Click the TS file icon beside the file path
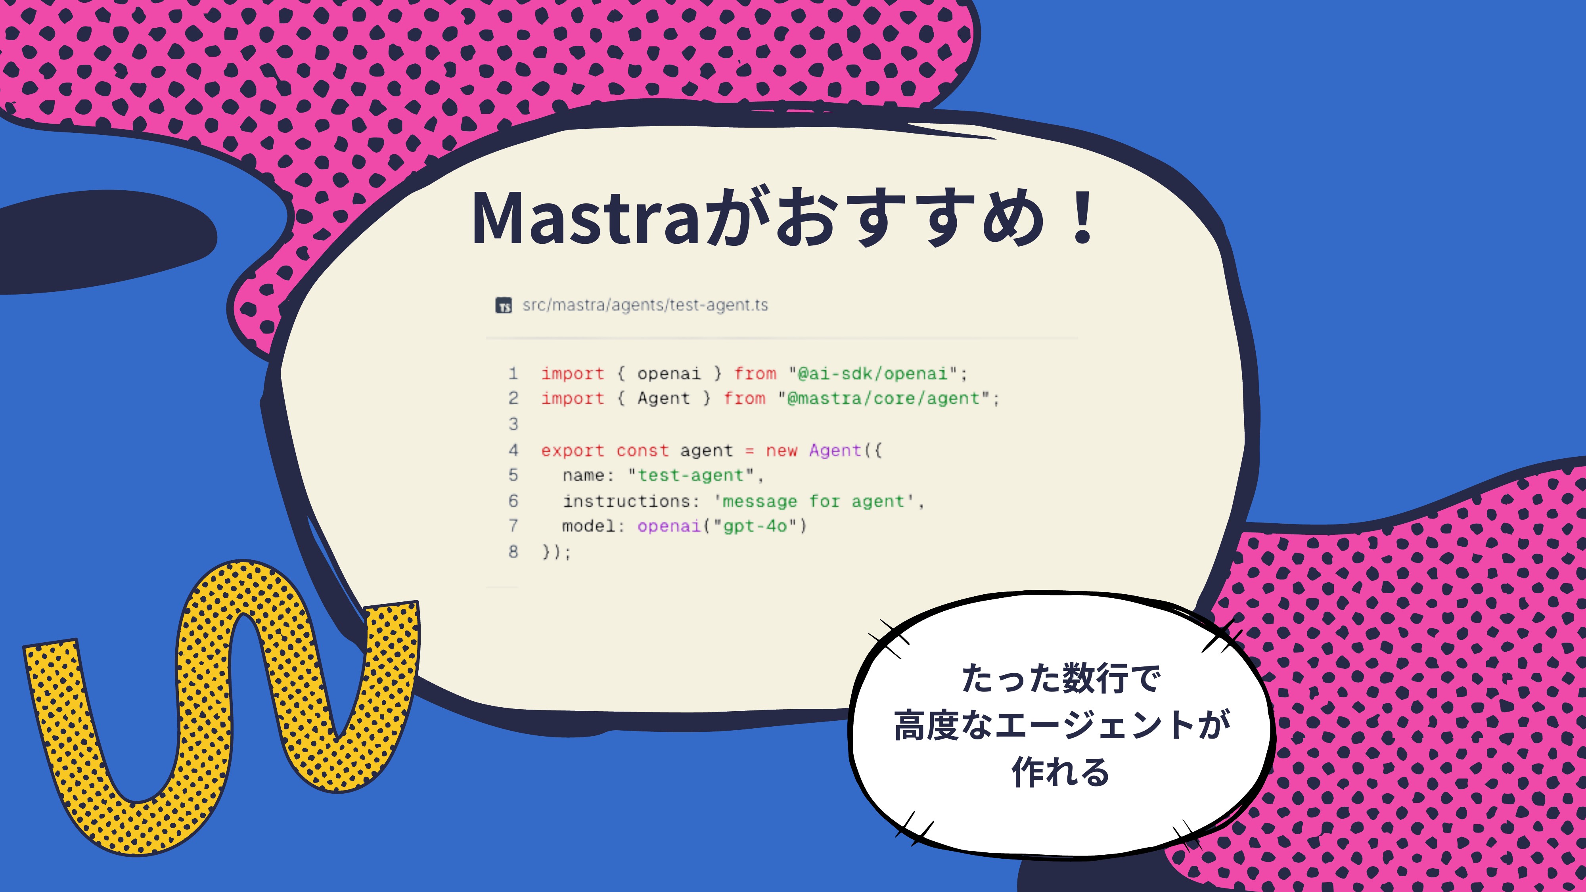point(504,305)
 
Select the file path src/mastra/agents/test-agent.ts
point(645,305)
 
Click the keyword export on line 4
point(573,451)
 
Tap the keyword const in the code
point(642,451)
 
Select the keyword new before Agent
point(781,451)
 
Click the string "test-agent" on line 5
point(691,475)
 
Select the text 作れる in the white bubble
point(1060,773)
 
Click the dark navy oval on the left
point(105,241)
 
